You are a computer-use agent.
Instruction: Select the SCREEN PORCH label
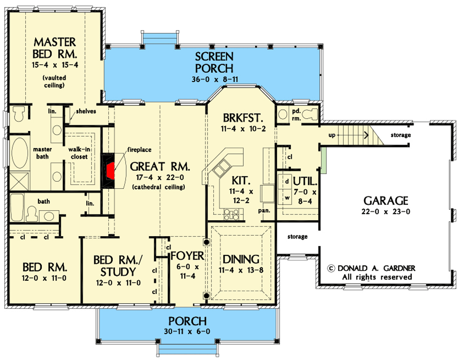[214, 62]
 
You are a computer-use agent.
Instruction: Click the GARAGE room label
[386, 200]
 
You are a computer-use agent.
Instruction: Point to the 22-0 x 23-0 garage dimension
[386, 211]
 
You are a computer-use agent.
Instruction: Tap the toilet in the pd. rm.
[309, 113]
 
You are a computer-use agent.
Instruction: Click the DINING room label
[241, 259]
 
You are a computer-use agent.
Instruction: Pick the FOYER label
[187, 256]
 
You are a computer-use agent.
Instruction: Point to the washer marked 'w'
[286, 197]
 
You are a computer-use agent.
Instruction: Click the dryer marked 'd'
[286, 181]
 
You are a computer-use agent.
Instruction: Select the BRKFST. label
[242, 117]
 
